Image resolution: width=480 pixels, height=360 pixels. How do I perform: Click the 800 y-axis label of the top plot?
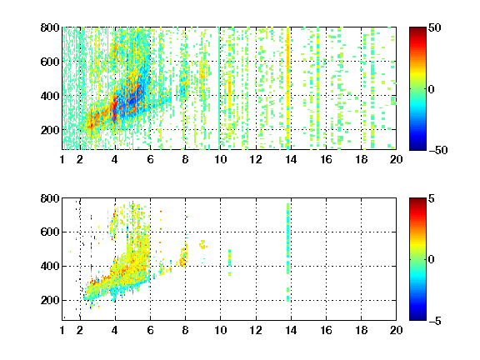(x=50, y=27)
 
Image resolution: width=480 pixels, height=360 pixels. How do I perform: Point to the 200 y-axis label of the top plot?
(x=50, y=130)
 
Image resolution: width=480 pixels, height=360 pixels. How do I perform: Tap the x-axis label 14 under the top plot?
(x=291, y=159)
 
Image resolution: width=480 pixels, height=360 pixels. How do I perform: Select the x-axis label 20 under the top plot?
(x=396, y=159)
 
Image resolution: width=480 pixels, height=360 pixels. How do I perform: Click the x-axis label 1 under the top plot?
(x=62, y=159)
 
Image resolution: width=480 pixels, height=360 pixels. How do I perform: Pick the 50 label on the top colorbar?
(x=434, y=27)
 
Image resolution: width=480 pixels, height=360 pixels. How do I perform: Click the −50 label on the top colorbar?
(x=438, y=150)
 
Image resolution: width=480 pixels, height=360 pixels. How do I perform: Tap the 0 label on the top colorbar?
(x=431, y=89)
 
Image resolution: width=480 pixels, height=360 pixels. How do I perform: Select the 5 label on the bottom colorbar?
(x=431, y=198)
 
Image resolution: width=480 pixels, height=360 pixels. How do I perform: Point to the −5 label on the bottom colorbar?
(x=435, y=321)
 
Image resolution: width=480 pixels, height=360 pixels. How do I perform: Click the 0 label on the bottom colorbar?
(x=431, y=260)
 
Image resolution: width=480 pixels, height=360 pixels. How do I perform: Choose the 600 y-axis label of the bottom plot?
(x=50, y=232)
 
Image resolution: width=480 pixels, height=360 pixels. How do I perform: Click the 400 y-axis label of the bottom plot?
(x=50, y=266)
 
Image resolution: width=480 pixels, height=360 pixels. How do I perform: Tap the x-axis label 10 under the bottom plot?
(x=220, y=330)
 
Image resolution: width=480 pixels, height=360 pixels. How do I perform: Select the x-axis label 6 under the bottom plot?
(x=150, y=330)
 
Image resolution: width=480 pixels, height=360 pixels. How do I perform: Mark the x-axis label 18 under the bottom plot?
(x=361, y=330)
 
